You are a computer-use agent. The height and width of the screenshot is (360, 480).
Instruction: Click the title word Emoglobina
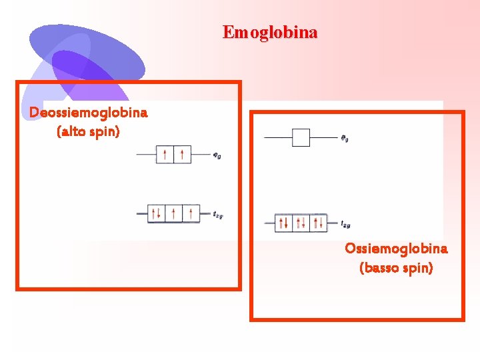coord(270,32)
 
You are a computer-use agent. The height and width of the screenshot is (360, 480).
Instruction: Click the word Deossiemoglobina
coord(88,113)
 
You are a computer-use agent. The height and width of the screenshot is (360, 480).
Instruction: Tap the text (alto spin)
coord(89,132)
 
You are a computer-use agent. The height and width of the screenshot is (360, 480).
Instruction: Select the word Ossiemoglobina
coord(396,249)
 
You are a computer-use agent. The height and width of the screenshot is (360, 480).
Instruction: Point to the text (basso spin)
coord(396,268)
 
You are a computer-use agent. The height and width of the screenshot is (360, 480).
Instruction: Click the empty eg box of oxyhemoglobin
coord(301,137)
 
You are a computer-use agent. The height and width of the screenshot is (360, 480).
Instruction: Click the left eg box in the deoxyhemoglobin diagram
coord(165,155)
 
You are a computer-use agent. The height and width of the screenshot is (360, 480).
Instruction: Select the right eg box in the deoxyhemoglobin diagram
coord(182,155)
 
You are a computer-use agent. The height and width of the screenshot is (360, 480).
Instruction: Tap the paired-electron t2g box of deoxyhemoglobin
coord(156,213)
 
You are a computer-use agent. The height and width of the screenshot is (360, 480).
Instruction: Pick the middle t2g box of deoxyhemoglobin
coord(173,213)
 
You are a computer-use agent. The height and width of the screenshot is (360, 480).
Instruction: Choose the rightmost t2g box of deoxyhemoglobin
coord(191,213)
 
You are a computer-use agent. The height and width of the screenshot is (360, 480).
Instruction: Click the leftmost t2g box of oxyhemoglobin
coord(283,223)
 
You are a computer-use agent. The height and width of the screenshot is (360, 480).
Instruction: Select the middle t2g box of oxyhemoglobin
coord(301,223)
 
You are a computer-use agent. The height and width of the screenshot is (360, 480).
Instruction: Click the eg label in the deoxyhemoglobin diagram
coord(217,156)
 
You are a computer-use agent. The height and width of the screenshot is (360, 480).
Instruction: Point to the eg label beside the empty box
coord(345,139)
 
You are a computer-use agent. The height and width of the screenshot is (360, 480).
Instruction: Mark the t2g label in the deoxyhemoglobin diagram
coord(218,215)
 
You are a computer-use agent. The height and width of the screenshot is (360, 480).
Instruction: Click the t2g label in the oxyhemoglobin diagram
coord(345,225)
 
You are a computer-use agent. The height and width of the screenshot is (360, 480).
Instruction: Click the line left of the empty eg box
coord(278,137)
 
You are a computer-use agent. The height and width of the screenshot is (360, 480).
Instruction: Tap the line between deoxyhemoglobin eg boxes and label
coord(201,155)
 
